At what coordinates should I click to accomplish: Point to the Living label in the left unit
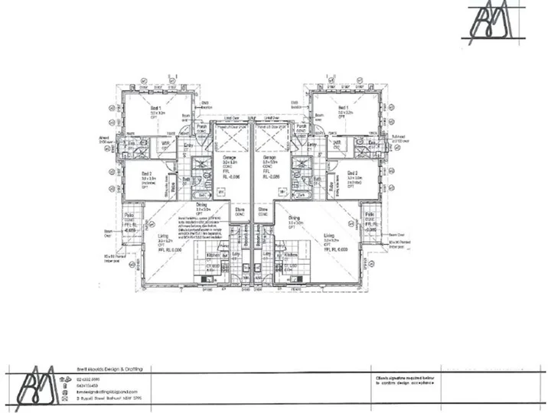point(165,236)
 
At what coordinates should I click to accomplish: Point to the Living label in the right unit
point(330,236)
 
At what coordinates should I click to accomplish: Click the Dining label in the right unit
point(295,217)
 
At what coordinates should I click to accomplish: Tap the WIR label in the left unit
point(165,142)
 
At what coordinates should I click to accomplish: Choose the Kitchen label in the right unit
point(290,253)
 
